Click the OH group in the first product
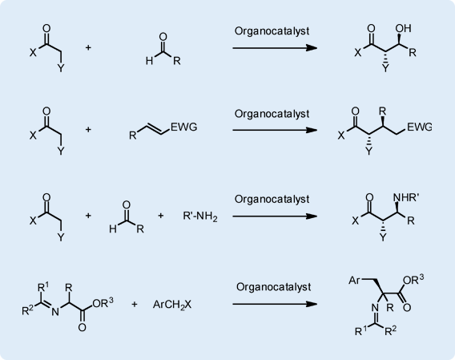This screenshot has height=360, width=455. click(x=404, y=28)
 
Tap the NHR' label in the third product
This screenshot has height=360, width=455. click(x=406, y=197)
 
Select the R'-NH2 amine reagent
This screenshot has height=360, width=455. click(x=200, y=216)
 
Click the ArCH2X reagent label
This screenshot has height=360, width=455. click(x=172, y=305)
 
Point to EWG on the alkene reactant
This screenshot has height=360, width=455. click(x=184, y=127)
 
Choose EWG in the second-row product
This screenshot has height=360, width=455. click(x=420, y=127)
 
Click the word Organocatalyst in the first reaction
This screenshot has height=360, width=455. click(x=272, y=31)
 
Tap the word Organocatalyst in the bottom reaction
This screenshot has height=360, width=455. click(x=273, y=287)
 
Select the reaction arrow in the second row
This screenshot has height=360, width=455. click(x=275, y=130)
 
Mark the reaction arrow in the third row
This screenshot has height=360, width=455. click(x=275, y=216)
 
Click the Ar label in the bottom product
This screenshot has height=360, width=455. click(x=354, y=280)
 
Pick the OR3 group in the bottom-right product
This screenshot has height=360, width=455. click(x=413, y=279)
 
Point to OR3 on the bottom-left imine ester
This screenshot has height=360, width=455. click(x=103, y=302)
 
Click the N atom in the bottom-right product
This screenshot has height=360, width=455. click(x=375, y=307)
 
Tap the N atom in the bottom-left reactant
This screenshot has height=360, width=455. click(x=54, y=312)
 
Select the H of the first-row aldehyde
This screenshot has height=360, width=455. click(x=149, y=61)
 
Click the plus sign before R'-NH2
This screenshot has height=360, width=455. click(x=160, y=216)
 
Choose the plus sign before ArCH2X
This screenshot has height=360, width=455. click(x=134, y=304)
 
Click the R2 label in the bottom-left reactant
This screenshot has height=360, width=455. click(x=28, y=310)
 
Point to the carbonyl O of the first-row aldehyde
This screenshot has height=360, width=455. click(x=163, y=37)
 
